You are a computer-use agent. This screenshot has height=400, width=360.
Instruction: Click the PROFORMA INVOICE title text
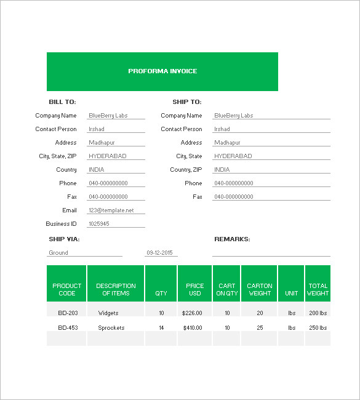162,71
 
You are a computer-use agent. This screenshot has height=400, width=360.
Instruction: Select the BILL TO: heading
62,102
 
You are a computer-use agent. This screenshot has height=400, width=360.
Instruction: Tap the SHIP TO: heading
187,102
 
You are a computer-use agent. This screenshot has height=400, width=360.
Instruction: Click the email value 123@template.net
111,210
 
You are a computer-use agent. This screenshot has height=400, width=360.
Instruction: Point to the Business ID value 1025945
99,224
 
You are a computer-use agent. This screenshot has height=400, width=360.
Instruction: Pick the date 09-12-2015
159,253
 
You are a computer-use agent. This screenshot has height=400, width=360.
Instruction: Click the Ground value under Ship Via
58,253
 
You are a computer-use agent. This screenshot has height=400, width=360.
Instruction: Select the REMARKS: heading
232,239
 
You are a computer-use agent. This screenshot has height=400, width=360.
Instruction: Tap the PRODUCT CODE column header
67,289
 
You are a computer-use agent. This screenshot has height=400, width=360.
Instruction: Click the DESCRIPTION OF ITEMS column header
116,289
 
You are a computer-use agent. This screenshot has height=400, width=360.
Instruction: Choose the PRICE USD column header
194,289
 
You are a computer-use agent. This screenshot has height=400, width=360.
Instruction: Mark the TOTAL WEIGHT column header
318,289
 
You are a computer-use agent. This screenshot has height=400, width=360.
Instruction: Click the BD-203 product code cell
68,313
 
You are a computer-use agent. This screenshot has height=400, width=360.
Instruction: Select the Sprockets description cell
111,328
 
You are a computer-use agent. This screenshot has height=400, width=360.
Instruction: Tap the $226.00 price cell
193,313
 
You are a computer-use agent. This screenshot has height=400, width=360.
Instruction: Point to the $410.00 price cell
193,328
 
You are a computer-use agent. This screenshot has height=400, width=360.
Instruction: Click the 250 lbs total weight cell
318,328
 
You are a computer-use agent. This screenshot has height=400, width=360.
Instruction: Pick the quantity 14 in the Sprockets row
161,328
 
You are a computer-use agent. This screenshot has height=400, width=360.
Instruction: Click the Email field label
70,210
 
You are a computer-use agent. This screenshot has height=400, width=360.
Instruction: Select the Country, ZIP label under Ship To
186,170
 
